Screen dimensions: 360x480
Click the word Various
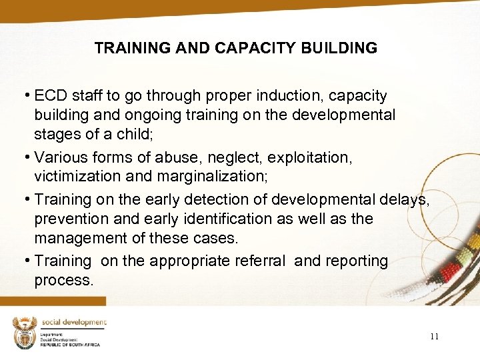(62, 157)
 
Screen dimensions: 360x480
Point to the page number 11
(434, 337)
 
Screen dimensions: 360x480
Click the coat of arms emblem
(25, 333)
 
